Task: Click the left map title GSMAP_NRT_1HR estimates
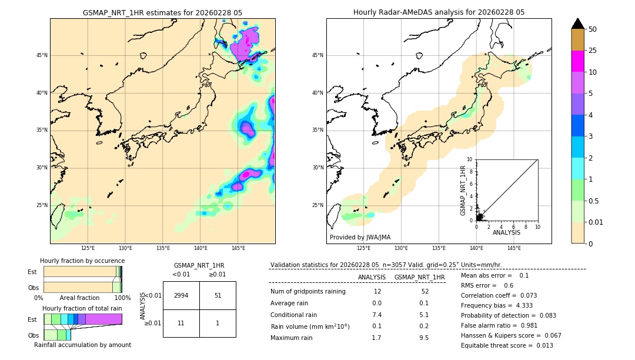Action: tap(162, 12)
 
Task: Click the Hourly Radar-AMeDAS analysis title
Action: tap(439, 12)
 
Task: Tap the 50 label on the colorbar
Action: tap(593, 29)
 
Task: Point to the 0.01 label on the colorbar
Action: tap(596, 222)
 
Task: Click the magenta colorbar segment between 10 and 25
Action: tap(577, 61)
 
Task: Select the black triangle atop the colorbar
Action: tap(577, 24)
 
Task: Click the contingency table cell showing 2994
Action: tap(181, 295)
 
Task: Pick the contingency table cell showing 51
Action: tap(218, 295)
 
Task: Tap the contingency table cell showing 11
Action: tap(181, 323)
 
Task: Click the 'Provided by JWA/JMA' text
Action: tap(360, 238)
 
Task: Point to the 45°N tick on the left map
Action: tap(42, 55)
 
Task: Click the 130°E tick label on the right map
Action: tap(401, 248)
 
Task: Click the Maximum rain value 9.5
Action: tap(423, 338)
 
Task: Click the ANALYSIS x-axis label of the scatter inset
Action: tap(506, 232)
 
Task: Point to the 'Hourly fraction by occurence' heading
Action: tap(82, 261)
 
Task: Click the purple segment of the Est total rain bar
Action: tap(103, 319)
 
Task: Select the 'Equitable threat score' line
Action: tap(507, 345)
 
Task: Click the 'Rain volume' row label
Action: tap(310, 326)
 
